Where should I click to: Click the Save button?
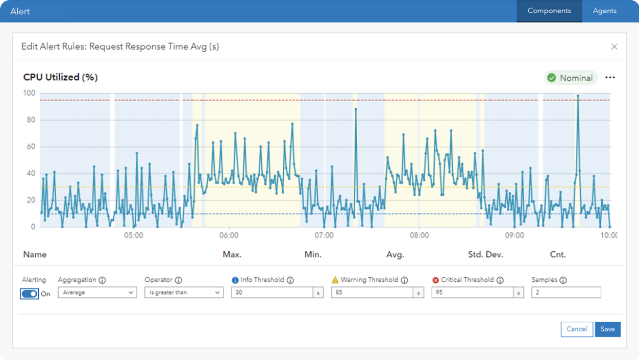click(x=607, y=329)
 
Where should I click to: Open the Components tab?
click(x=549, y=11)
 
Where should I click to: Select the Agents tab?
click(x=605, y=11)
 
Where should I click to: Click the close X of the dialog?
click(x=615, y=47)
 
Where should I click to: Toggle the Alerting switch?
click(x=30, y=294)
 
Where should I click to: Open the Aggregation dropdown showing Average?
click(x=97, y=293)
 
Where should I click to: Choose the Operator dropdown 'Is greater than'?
click(x=184, y=293)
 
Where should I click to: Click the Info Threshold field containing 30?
click(x=272, y=293)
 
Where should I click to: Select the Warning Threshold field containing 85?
click(x=372, y=293)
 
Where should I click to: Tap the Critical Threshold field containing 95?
click(x=472, y=293)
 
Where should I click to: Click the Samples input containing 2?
click(x=566, y=293)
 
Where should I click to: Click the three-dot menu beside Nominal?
click(x=610, y=78)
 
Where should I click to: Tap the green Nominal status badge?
click(x=571, y=78)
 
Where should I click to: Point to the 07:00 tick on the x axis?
click(x=324, y=235)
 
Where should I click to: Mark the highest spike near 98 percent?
click(x=578, y=95)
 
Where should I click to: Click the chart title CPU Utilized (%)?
click(x=60, y=78)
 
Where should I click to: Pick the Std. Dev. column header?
click(x=485, y=254)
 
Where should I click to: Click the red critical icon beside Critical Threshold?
click(x=435, y=280)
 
